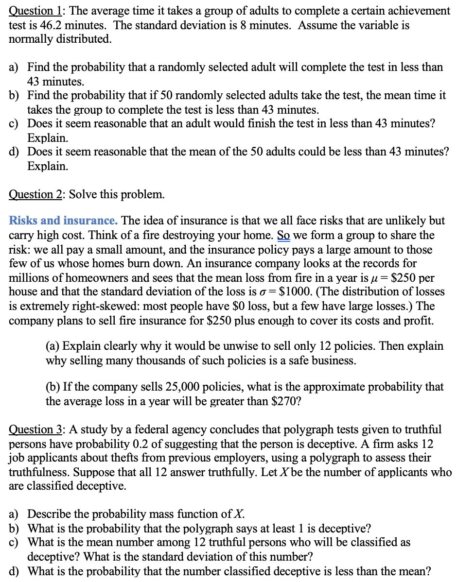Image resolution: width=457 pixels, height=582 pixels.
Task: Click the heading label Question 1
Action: [x=32, y=11]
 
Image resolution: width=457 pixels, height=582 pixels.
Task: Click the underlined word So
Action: [x=283, y=235]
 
